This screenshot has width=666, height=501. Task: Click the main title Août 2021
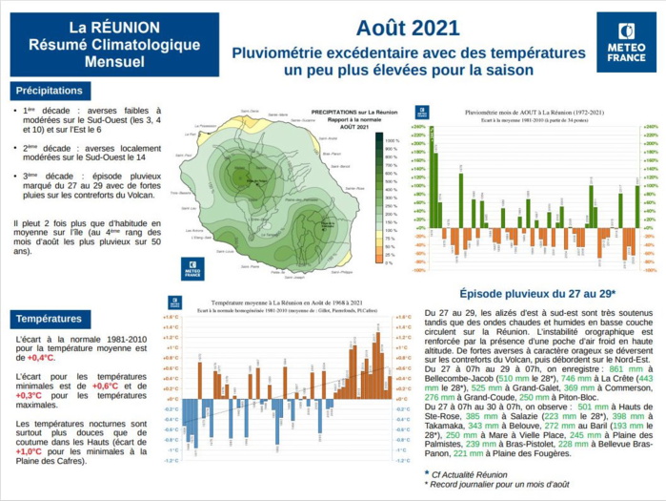coord(407,28)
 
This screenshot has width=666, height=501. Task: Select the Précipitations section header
coord(50,91)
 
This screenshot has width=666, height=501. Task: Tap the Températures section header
coord(49,318)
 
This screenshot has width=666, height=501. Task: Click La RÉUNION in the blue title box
coord(114,27)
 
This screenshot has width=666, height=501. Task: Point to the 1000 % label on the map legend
coord(389,140)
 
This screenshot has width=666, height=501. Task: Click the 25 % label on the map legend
coord(388,255)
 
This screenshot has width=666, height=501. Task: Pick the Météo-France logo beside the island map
coord(192,270)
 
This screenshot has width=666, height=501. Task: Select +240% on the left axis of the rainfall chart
coord(417,126)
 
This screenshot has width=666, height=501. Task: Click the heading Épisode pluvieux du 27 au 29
coord(537,294)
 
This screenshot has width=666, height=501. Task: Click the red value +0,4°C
coord(41,358)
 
